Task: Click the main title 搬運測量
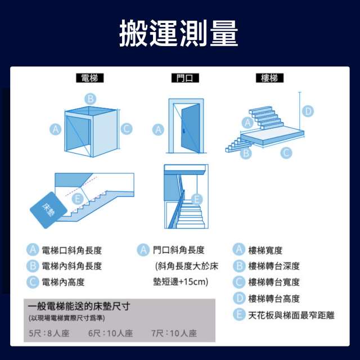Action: click(x=179, y=33)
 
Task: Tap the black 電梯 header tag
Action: click(x=90, y=78)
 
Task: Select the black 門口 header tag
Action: click(x=185, y=78)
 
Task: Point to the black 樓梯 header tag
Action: click(x=269, y=78)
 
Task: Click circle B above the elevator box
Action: click(x=90, y=99)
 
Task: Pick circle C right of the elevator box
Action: click(x=127, y=129)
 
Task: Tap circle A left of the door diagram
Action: click(x=158, y=130)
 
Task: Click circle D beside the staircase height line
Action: click(x=308, y=111)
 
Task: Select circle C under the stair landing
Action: click(x=286, y=152)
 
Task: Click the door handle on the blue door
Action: click(x=183, y=131)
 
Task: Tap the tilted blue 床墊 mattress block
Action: click(x=48, y=210)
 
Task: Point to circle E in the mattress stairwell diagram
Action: click(x=78, y=199)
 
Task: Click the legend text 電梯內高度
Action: click(x=63, y=282)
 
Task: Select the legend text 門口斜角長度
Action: click(x=179, y=250)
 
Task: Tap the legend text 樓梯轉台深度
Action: click(x=274, y=266)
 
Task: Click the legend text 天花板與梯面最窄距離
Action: click(x=291, y=315)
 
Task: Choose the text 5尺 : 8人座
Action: click(x=49, y=333)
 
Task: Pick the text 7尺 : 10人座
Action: click(x=174, y=333)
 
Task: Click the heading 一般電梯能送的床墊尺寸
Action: click(x=79, y=306)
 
